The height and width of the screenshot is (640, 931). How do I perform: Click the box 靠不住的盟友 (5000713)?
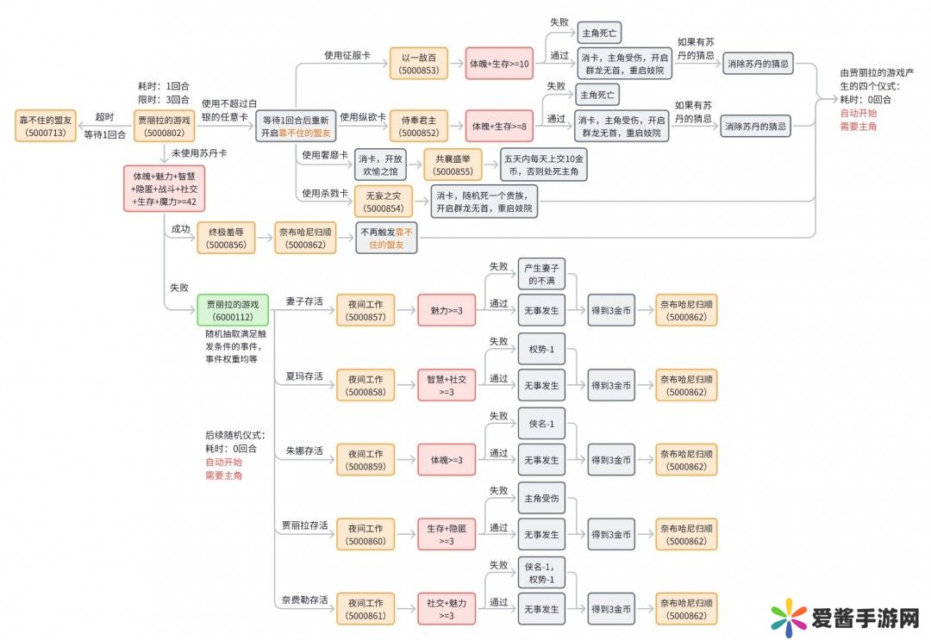coord(46,126)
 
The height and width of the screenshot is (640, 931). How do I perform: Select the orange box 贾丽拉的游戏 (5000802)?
coord(165,126)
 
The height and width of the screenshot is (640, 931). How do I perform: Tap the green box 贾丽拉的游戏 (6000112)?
coord(232,309)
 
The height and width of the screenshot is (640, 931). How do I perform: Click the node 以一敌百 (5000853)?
coord(418,64)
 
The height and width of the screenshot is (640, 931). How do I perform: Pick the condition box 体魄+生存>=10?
coord(499,64)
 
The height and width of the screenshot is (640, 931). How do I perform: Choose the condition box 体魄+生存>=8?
coord(499,126)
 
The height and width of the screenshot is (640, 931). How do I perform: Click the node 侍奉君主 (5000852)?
coord(418,126)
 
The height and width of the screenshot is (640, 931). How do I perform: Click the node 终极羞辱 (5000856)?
coord(226,237)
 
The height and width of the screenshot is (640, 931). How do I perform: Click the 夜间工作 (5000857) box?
coord(366,309)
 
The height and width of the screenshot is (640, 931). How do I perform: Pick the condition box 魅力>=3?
coord(447,309)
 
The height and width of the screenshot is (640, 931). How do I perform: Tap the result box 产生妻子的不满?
coord(541,275)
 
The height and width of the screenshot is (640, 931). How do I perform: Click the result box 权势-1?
coord(541,349)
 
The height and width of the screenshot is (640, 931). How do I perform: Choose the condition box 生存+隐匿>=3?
coord(447,534)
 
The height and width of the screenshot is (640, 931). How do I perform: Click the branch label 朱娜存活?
coord(303,450)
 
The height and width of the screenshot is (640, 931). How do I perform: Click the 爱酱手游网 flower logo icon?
coord(787,617)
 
